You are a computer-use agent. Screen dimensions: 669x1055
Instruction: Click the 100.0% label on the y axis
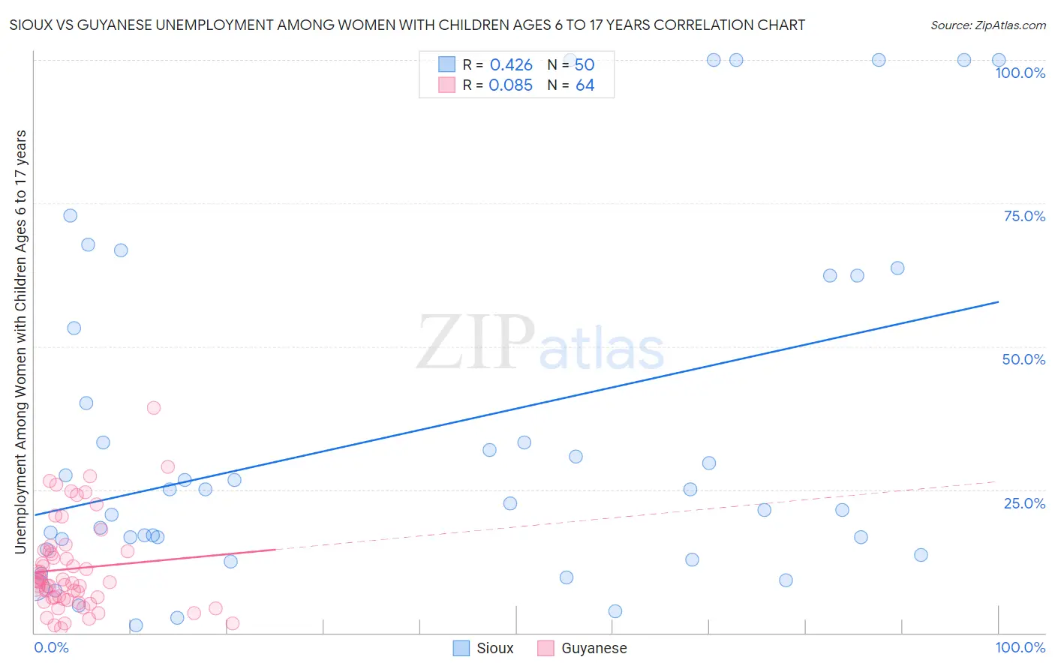coord(1020,73)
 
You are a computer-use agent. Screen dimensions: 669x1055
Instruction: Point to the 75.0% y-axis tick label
coord(1024,216)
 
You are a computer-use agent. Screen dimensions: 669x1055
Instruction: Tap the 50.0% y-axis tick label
coord(1023,359)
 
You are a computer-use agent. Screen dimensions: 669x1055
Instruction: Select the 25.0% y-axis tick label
coord(1024,502)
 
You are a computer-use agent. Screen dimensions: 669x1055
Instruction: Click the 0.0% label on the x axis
coord(51,647)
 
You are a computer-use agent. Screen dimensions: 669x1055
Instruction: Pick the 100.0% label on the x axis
coord(1020,647)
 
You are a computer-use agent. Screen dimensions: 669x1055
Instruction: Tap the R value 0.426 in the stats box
coord(511,64)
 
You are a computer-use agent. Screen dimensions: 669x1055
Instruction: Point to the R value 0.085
coord(510,85)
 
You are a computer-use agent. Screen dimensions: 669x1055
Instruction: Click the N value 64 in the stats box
coord(585,85)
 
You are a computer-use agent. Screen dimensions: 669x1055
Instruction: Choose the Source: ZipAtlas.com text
coord(987,25)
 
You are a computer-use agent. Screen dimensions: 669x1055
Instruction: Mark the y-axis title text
coord(21,342)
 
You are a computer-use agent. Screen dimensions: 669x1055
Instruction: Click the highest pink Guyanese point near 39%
coord(154,408)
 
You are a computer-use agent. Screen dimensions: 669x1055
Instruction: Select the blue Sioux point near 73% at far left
coord(71,215)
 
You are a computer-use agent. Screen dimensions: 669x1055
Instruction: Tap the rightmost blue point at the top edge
coord(999,60)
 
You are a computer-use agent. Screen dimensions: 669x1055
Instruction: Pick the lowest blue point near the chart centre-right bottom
coord(615,611)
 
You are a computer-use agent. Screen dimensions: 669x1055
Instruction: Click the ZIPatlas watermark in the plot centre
coord(540,343)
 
